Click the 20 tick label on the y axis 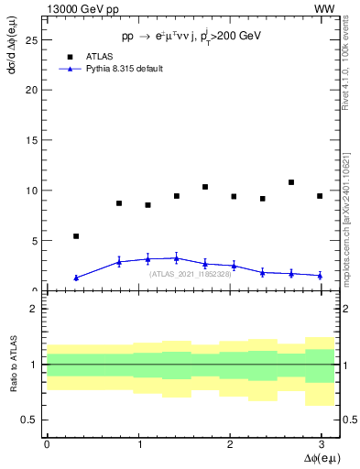coord(32,90)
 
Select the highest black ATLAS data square coord(291,182)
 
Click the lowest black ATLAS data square coord(76,236)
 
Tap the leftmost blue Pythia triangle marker coord(76,278)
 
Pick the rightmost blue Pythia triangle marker coord(320,275)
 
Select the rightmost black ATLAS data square coord(320,196)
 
